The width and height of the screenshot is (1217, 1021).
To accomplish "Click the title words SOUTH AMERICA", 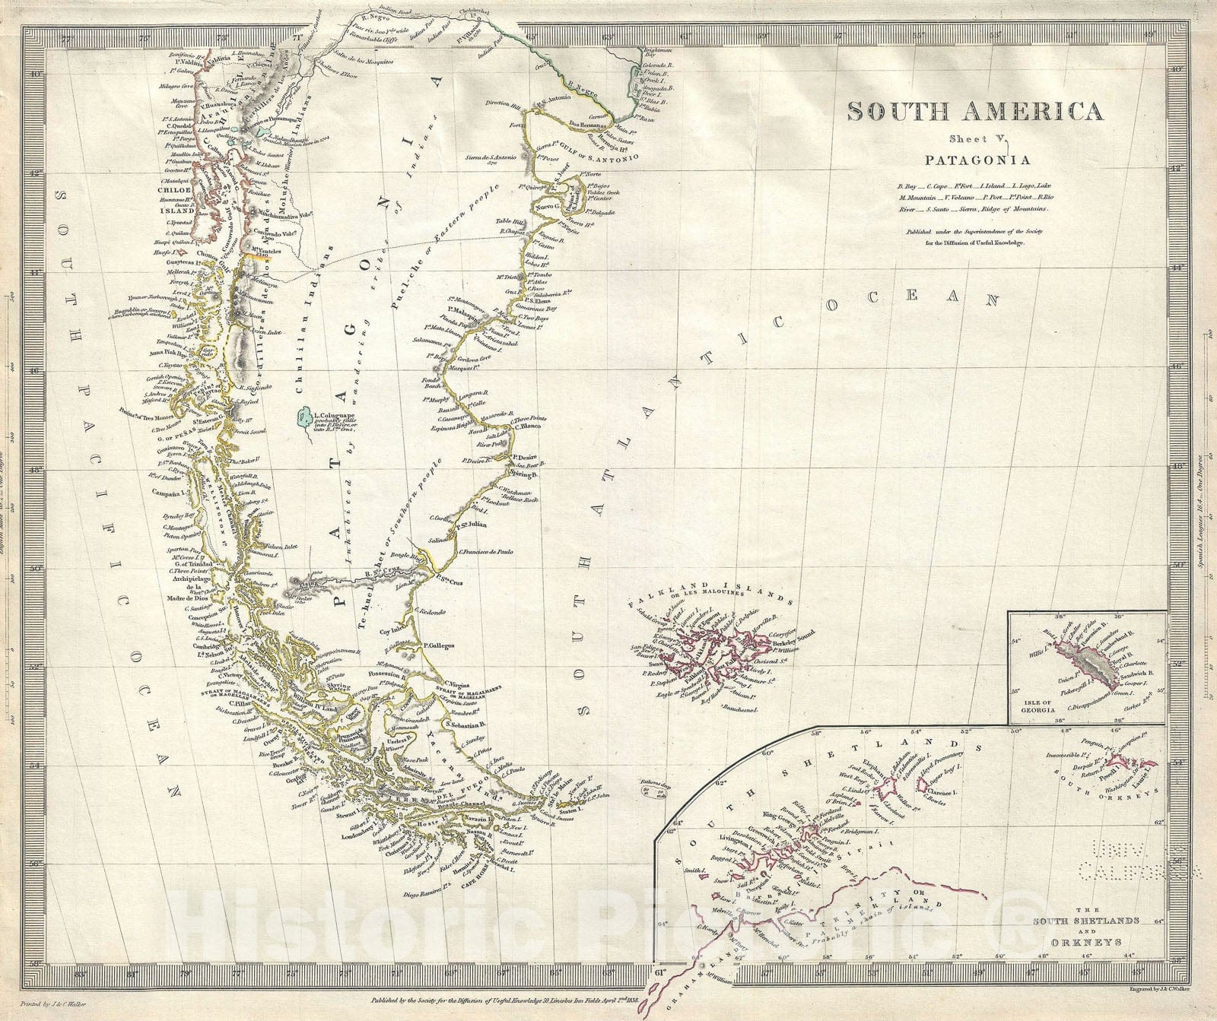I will [x=975, y=113].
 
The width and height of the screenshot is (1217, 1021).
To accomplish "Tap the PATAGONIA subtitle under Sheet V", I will [x=977, y=160].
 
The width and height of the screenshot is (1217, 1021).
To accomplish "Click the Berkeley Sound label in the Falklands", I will [x=793, y=642].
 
